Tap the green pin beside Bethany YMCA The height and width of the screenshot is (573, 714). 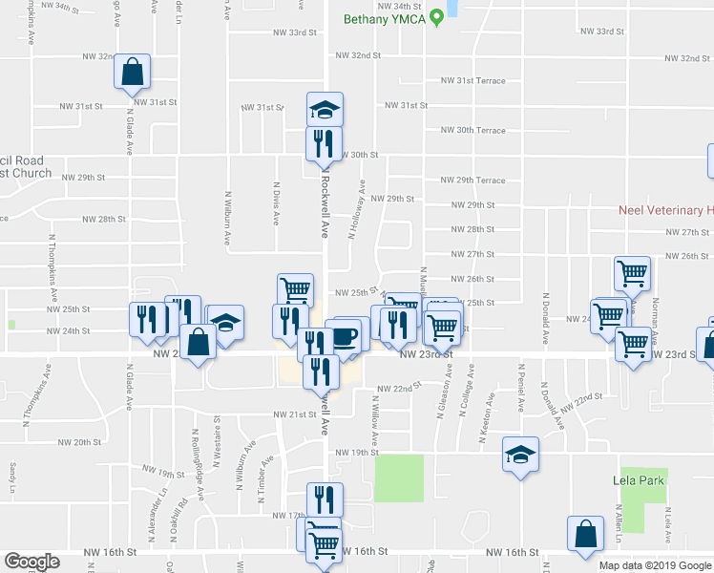point(436,16)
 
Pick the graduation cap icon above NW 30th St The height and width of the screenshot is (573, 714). point(325,110)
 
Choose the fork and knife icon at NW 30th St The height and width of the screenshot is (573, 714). point(324,143)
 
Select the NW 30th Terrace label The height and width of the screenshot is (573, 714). point(472,130)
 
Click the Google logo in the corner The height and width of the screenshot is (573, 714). point(32,562)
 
